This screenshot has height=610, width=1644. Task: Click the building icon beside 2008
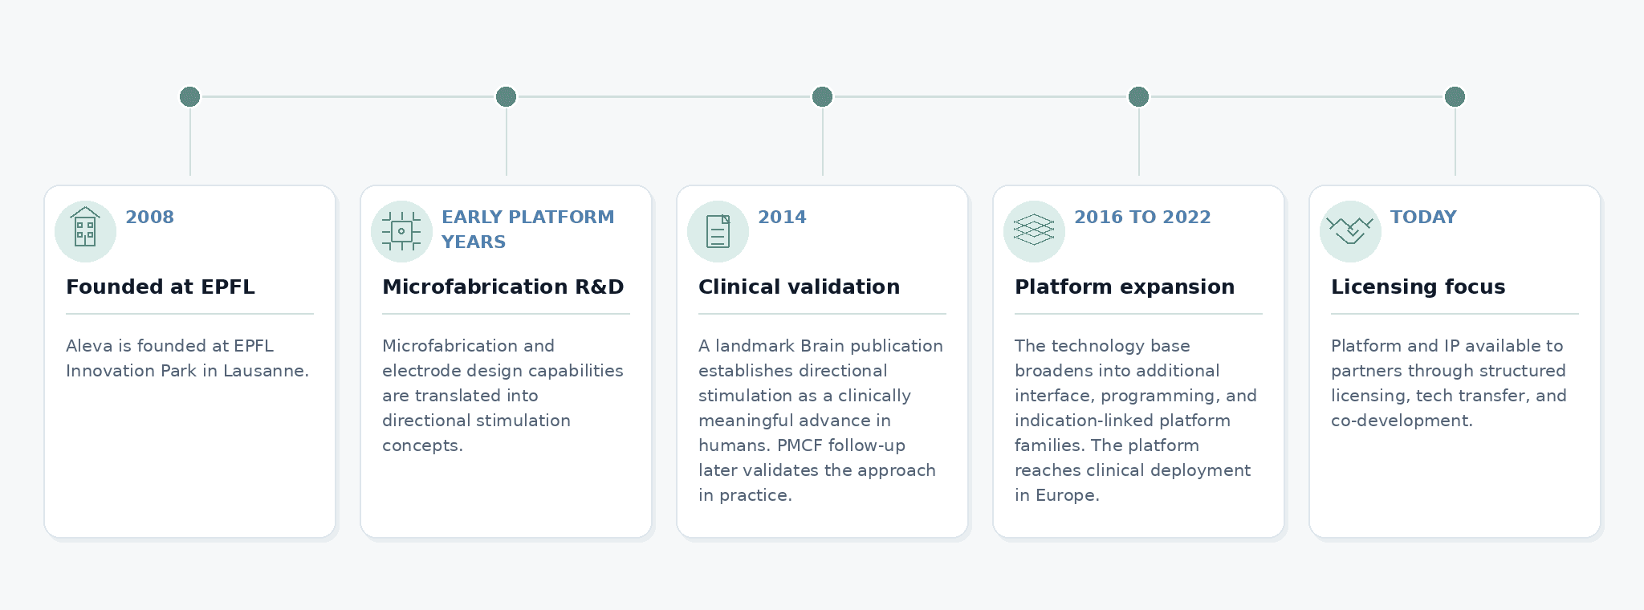(x=85, y=227)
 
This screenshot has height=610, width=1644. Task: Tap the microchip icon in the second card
(x=401, y=231)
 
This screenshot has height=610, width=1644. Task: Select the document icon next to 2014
(x=718, y=231)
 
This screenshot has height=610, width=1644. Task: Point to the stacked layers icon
(x=1034, y=230)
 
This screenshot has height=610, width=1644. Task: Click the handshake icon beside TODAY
(x=1350, y=230)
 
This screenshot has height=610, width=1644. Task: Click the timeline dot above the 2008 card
(x=189, y=96)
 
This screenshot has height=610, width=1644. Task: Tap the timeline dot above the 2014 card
(x=822, y=96)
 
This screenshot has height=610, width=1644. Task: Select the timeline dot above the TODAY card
(x=1455, y=96)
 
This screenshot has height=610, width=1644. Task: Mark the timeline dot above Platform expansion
(x=1138, y=96)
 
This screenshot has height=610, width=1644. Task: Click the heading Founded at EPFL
(x=161, y=287)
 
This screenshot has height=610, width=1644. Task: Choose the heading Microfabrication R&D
(x=503, y=287)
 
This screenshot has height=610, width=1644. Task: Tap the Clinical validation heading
(x=799, y=287)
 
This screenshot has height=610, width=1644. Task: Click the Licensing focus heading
(x=1418, y=287)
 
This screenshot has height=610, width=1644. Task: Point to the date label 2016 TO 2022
(x=1142, y=217)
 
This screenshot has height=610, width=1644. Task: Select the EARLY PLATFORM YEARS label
(x=527, y=229)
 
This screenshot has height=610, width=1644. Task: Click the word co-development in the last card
(x=1402, y=421)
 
